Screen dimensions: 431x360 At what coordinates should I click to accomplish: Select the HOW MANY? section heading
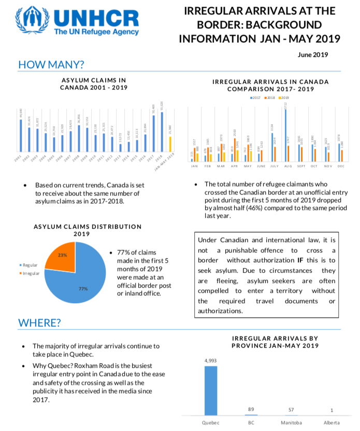[x=51, y=65]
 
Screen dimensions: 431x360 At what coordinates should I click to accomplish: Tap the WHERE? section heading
[x=39, y=323]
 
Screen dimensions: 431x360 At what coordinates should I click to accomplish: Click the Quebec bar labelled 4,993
[x=211, y=390]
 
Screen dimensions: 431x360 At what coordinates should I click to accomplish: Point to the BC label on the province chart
[x=251, y=423]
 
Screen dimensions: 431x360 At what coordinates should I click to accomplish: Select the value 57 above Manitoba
[x=291, y=409]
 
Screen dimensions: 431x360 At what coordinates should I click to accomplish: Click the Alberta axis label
[x=332, y=423]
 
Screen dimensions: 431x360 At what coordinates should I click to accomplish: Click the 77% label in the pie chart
[x=83, y=288]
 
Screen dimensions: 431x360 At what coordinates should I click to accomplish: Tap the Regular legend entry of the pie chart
[x=32, y=265]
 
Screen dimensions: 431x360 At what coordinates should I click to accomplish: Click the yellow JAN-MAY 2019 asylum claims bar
[x=170, y=144]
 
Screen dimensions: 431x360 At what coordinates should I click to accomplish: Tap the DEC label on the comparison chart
[x=341, y=167]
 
